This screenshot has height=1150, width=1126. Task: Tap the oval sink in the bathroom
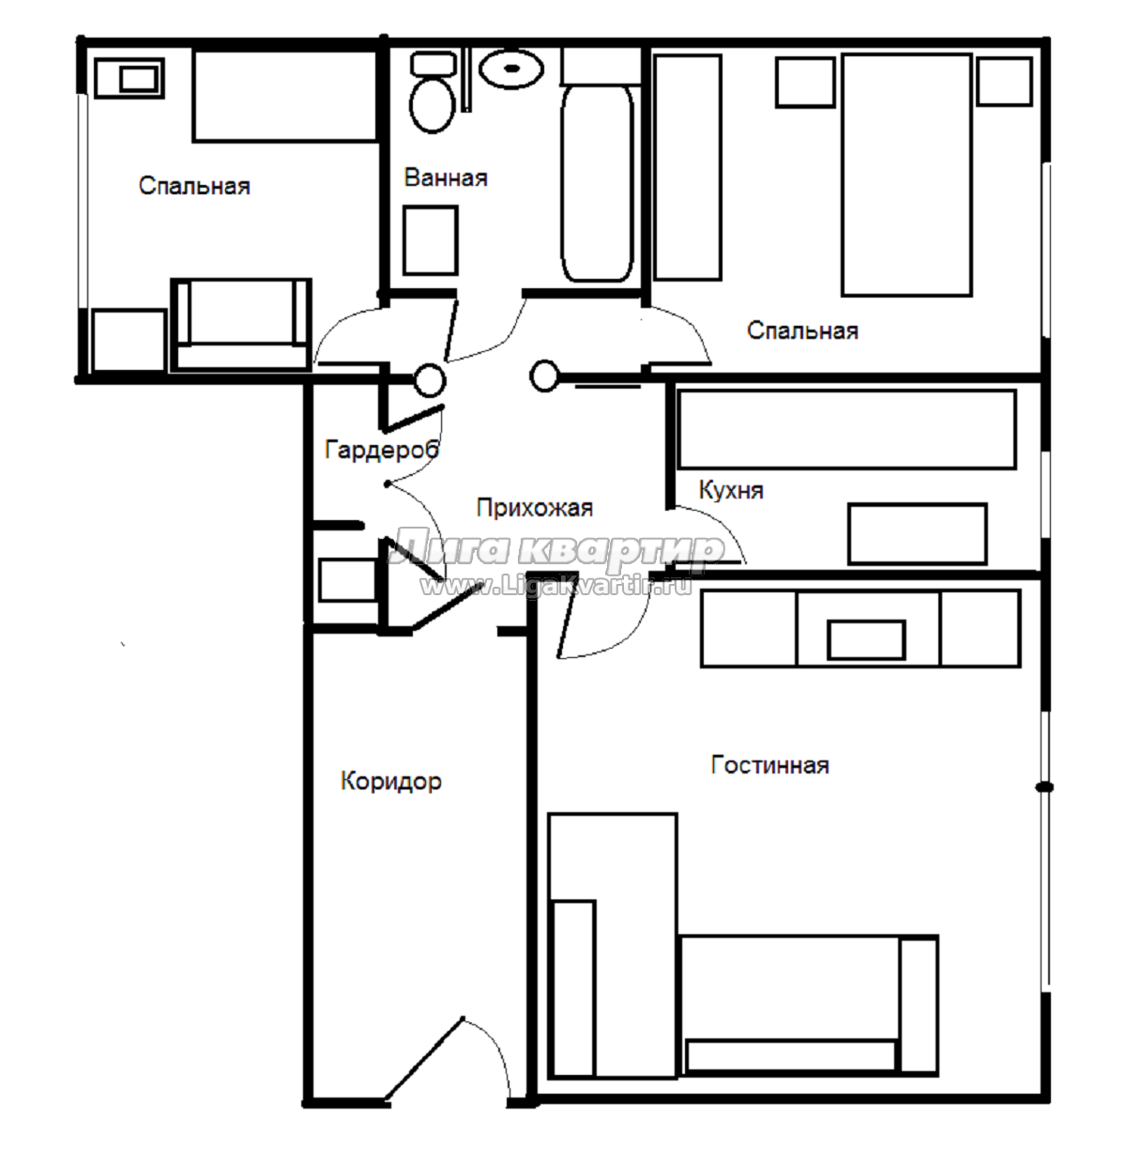[x=512, y=68]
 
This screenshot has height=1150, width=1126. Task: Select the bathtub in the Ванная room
[x=597, y=183]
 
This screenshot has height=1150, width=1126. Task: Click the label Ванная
[x=446, y=177]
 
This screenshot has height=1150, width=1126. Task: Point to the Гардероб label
[x=382, y=449]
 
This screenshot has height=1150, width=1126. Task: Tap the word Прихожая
[x=535, y=508]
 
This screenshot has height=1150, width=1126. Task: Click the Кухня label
[x=731, y=490]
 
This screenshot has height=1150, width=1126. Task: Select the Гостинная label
[x=769, y=764]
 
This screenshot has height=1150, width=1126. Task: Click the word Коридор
[x=391, y=780]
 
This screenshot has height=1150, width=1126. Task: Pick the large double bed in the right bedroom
[x=906, y=175]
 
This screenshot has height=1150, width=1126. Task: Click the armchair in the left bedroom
[x=241, y=324]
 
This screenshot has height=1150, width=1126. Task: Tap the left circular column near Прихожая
[x=430, y=380]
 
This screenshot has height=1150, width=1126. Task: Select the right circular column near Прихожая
[x=543, y=376]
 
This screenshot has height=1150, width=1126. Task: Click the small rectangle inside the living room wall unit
[x=866, y=639]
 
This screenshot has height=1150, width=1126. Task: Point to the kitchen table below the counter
[x=917, y=533]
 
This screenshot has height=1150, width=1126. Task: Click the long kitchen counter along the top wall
[x=846, y=429]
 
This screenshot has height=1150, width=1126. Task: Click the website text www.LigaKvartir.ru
[x=556, y=586]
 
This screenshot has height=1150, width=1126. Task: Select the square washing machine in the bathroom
[x=431, y=240]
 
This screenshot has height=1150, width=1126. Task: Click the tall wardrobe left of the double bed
[x=688, y=167]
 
